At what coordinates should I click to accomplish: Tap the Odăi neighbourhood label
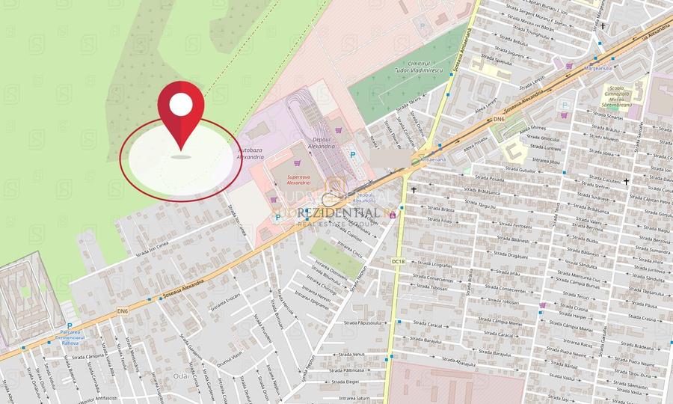click(x=180, y=376)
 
